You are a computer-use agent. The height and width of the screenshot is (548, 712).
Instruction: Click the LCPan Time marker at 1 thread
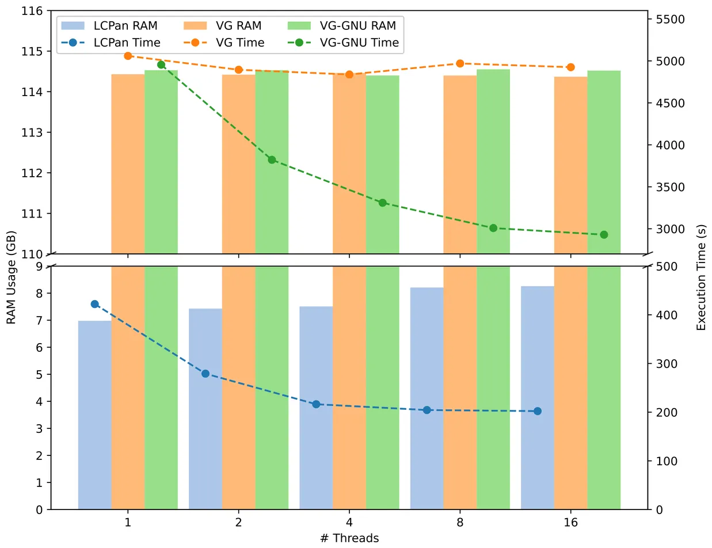[95, 304]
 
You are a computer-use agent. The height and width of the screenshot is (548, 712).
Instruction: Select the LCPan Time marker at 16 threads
[538, 411]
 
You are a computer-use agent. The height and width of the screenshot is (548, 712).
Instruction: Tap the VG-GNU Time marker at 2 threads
[272, 159]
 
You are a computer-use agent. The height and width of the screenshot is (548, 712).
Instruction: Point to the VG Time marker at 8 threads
[460, 63]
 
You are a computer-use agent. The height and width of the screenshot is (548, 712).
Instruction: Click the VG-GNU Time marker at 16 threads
[604, 235]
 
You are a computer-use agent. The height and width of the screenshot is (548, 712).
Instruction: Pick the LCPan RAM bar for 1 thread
[95, 414]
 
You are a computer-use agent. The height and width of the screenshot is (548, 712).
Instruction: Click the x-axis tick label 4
[349, 522]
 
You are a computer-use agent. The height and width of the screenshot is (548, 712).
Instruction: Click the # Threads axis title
[349, 538]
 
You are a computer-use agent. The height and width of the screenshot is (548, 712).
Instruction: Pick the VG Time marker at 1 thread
[128, 56]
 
